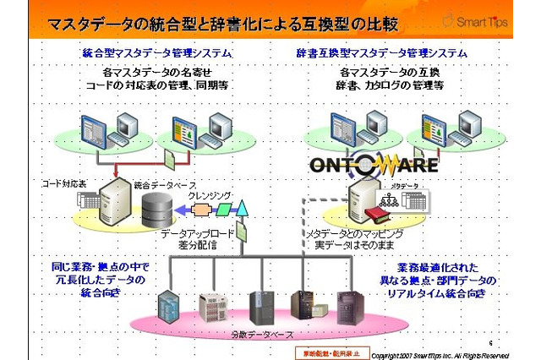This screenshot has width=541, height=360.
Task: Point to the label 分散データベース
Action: pyautogui.click(x=262, y=335)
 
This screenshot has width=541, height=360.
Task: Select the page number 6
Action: pyautogui.click(x=489, y=342)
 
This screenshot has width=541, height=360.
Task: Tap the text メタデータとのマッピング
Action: pyautogui.click(x=354, y=232)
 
